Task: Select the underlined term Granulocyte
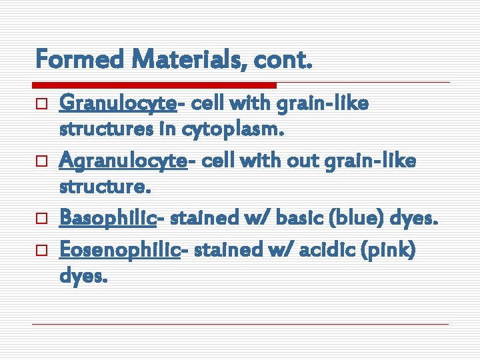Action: point(117,105)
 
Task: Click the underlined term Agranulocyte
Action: point(122,161)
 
